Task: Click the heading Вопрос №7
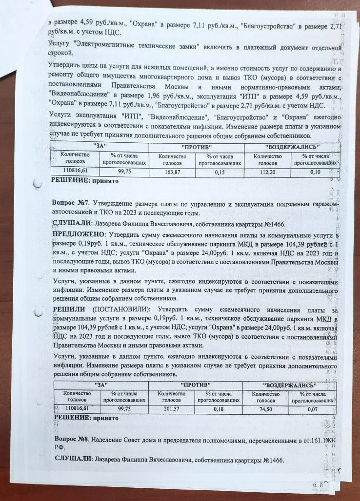click(70, 202)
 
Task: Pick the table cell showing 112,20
click(267, 172)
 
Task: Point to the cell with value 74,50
click(265, 408)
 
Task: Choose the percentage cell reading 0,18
click(219, 408)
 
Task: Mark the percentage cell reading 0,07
click(312, 408)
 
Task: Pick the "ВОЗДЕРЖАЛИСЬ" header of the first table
click(292, 146)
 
